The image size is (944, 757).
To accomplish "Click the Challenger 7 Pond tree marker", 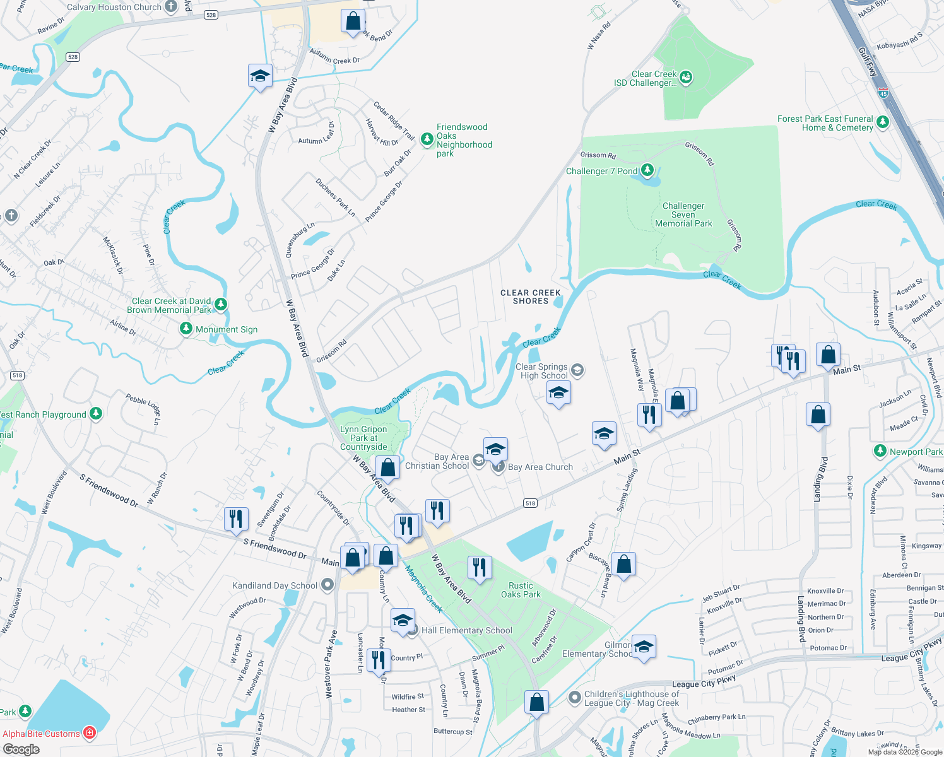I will click(x=647, y=170).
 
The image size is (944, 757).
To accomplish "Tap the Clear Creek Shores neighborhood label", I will click(x=530, y=297).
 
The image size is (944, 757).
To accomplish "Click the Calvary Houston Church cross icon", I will click(x=171, y=7).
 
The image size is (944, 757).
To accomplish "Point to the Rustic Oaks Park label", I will click(x=521, y=590).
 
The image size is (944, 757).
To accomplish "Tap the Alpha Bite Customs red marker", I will click(x=90, y=733).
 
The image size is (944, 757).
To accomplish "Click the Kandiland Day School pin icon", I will click(x=327, y=585).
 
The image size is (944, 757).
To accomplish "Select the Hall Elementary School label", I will click(x=466, y=630).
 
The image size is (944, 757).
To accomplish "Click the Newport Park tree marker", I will click(x=880, y=451).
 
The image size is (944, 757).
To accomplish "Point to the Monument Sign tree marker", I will click(x=186, y=329).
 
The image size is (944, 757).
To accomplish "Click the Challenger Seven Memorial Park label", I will click(x=683, y=214).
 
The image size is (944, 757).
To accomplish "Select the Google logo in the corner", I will click(x=21, y=749).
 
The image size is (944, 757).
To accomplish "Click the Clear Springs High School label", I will click(x=542, y=371).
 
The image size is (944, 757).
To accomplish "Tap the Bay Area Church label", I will click(x=540, y=467).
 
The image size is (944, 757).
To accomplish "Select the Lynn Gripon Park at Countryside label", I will click(x=363, y=438).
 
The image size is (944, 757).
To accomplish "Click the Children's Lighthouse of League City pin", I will click(x=574, y=698).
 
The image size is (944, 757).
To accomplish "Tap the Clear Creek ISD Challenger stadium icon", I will click(x=686, y=78).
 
